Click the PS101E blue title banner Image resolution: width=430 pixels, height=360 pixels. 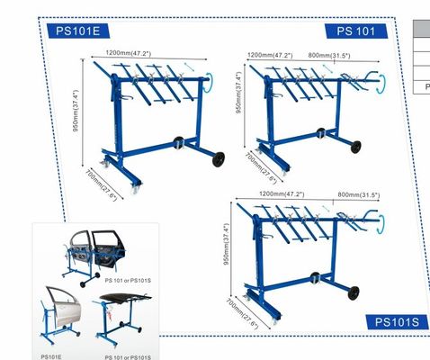[78, 31]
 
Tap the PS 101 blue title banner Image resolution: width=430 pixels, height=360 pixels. [356, 31]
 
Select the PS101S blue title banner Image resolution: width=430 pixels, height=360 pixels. [397, 322]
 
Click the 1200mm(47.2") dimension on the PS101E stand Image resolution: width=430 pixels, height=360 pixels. [129, 53]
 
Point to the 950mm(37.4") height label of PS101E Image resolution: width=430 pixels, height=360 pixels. [76, 111]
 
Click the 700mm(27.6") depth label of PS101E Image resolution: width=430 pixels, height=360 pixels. [102, 185]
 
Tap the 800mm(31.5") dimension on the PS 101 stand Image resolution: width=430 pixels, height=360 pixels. [329, 56]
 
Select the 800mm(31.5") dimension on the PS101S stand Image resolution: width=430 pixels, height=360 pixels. [359, 194]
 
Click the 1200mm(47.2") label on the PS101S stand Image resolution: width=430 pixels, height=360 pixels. [282, 194]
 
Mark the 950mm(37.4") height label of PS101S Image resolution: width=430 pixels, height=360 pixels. [227, 244]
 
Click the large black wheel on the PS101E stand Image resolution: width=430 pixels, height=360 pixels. [219, 159]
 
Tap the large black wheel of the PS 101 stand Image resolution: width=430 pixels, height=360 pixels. [355, 147]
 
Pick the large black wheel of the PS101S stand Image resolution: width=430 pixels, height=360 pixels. [354, 293]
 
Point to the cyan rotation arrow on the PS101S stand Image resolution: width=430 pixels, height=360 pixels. [382, 223]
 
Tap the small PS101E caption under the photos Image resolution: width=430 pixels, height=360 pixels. [51, 357]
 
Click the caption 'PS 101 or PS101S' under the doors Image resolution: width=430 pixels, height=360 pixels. [128, 281]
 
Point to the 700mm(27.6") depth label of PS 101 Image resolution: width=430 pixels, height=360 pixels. [261, 167]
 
